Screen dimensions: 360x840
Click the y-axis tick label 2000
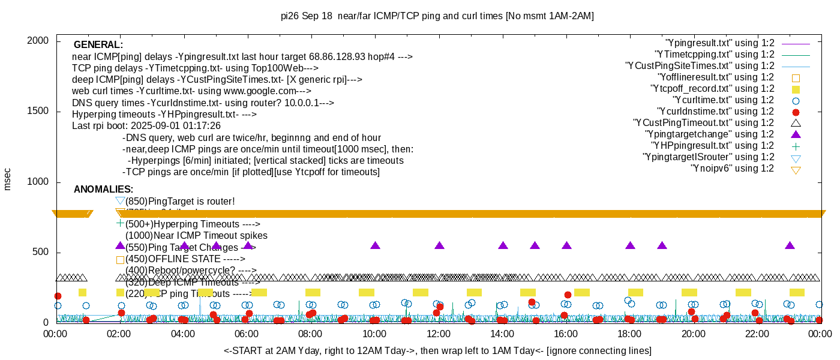point(39,41)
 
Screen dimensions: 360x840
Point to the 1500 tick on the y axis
point(39,112)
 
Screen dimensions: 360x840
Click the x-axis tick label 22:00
point(758,334)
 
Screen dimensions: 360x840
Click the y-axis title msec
point(8,179)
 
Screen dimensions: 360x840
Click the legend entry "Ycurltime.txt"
point(723,100)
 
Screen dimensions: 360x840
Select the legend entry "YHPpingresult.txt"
point(713,146)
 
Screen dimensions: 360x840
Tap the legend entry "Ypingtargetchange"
point(709,134)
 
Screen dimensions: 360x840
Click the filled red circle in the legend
point(796,112)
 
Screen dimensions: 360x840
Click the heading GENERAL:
point(98,45)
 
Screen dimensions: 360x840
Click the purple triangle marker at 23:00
point(790,245)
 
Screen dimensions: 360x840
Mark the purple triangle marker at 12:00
point(439,245)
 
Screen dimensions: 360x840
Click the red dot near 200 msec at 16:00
point(568,295)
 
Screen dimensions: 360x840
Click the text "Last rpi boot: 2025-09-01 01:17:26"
point(146,126)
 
